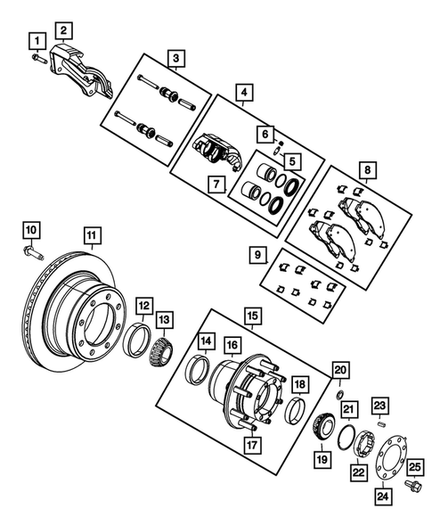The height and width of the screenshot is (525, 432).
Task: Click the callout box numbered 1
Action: [x=37, y=40]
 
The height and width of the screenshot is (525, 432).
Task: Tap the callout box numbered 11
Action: [x=91, y=235]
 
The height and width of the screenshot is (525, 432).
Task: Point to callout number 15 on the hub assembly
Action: [x=252, y=316]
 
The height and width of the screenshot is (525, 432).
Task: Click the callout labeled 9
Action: [x=258, y=255]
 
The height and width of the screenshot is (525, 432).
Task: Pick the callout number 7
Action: [x=215, y=185]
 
